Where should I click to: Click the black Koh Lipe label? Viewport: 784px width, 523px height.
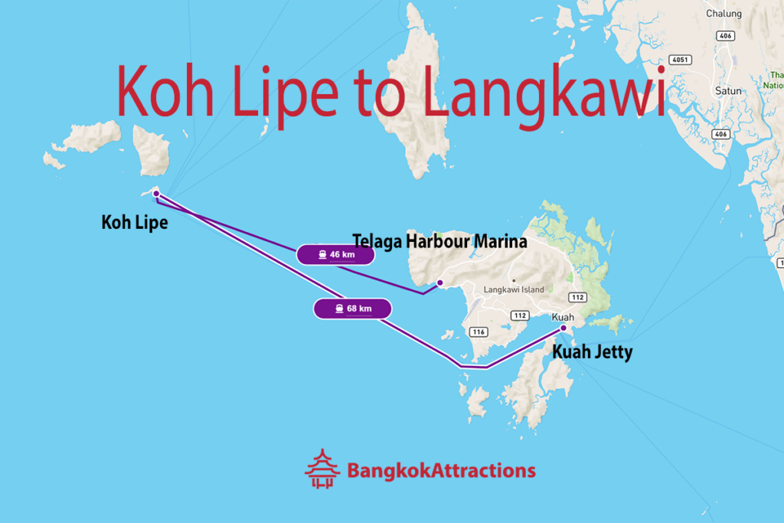[x=135, y=223]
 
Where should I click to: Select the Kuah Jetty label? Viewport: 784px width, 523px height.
[x=593, y=353]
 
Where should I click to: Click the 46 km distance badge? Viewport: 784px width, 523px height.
[x=335, y=254]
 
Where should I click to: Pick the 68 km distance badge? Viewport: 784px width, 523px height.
[x=352, y=309]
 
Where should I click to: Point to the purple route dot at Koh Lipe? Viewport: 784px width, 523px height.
[x=156, y=194]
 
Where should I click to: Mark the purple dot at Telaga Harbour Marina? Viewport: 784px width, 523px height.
[x=439, y=283]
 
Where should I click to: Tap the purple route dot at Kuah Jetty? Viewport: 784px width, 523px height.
[x=563, y=329]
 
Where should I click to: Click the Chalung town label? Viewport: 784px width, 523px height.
[x=724, y=14]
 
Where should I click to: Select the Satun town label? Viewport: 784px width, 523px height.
[x=728, y=90]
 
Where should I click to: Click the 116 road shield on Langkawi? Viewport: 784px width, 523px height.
[x=479, y=332]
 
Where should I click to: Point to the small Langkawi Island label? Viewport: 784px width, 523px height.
[x=514, y=289]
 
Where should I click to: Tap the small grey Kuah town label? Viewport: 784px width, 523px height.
[x=563, y=316]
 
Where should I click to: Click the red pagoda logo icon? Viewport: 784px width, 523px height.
[x=322, y=469]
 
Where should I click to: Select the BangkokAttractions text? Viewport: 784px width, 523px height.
[x=441, y=470]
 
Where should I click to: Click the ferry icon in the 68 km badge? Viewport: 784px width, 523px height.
[x=338, y=309]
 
